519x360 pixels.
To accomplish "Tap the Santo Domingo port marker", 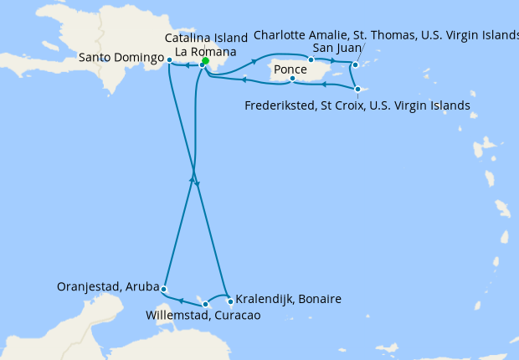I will click(169, 60).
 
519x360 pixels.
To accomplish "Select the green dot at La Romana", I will click(205, 60).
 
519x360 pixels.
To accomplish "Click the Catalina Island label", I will click(206, 39).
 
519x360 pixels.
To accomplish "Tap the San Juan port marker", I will click(311, 59).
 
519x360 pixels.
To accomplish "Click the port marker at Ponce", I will click(291, 80).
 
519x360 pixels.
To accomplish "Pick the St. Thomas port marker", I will click(355, 64).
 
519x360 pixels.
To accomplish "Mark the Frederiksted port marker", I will click(357, 90).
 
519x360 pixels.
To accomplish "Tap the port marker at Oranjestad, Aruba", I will click(164, 289).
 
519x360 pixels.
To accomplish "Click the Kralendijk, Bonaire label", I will click(288, 299).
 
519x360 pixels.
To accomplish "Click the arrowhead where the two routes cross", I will click(193, 180).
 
